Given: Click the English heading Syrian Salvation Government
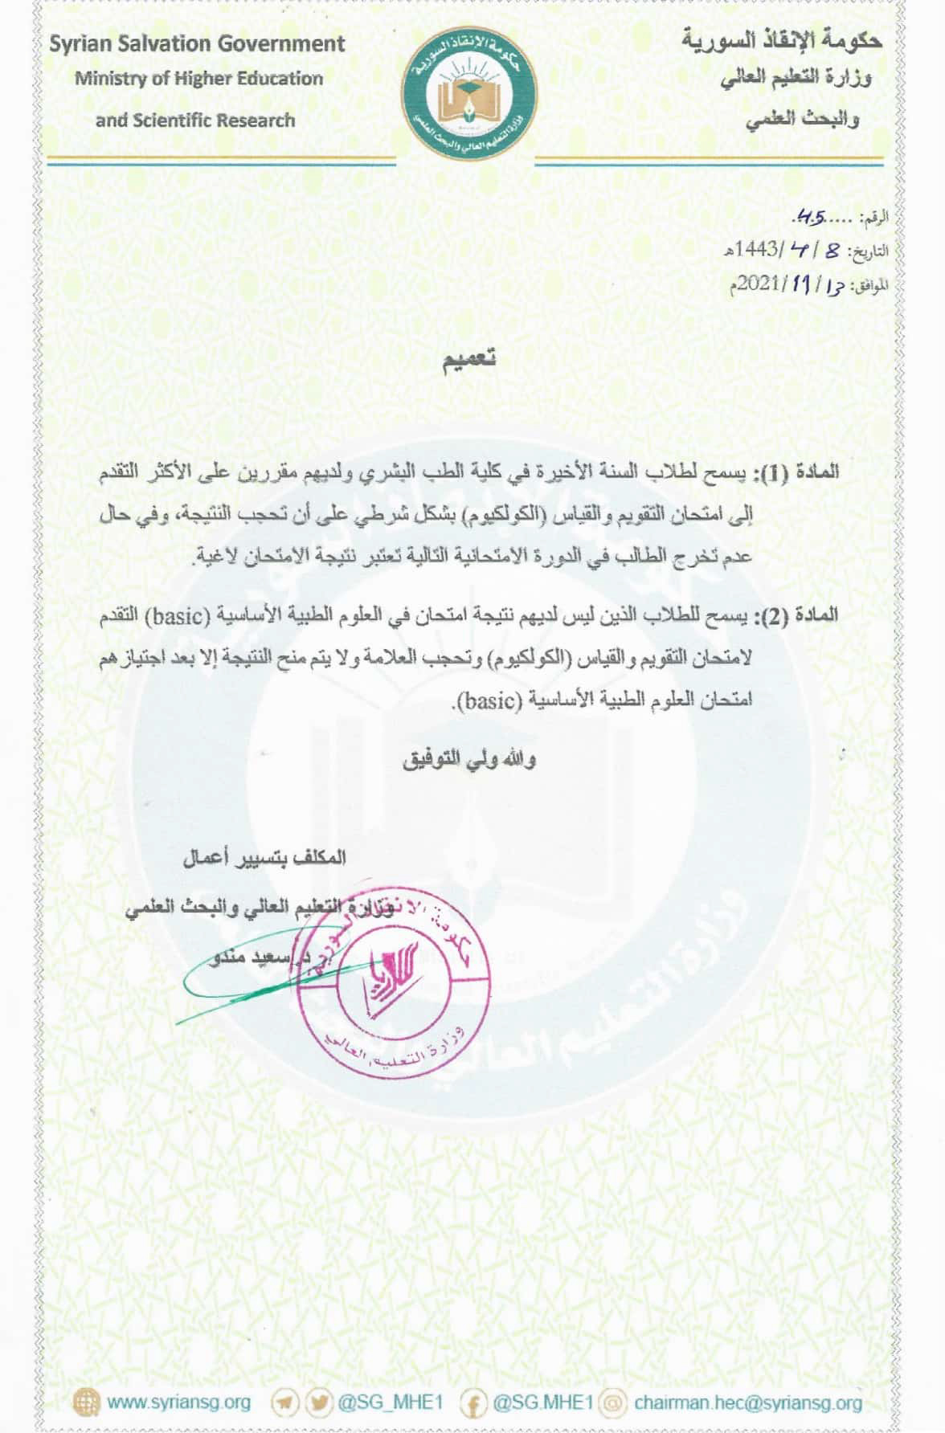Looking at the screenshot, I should tap(197, 44).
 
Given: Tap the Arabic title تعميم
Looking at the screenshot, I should tap(472, 361).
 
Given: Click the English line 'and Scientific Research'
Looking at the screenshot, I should tap(195, 121).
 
